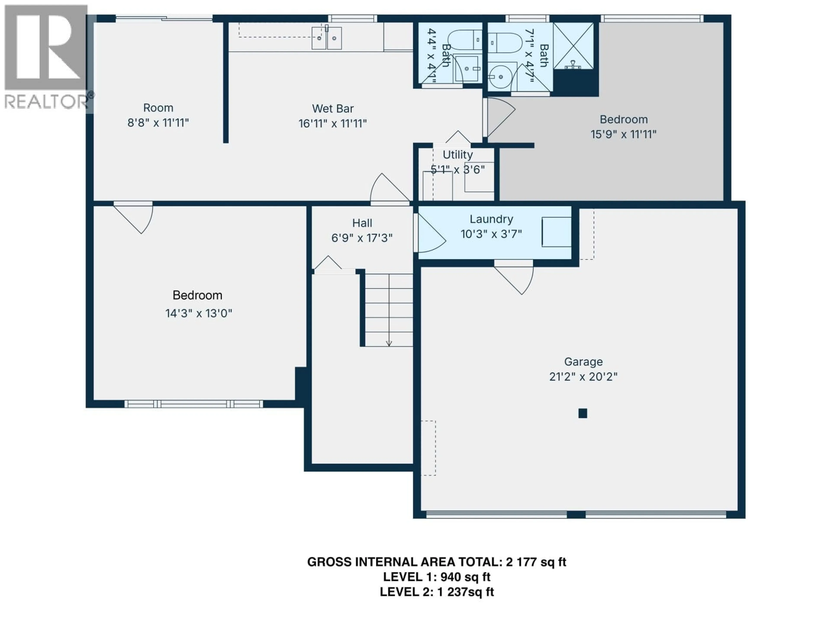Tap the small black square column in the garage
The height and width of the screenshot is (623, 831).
pyautogui.click(x=583, y=413)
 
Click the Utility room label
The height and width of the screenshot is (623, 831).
pyautogui.click(x=457, y=155)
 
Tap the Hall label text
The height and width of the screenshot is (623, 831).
pyautogui.click(x=362, y=223)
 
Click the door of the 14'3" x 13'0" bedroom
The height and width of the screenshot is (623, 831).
pyautogui.click(x=135, y=218)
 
